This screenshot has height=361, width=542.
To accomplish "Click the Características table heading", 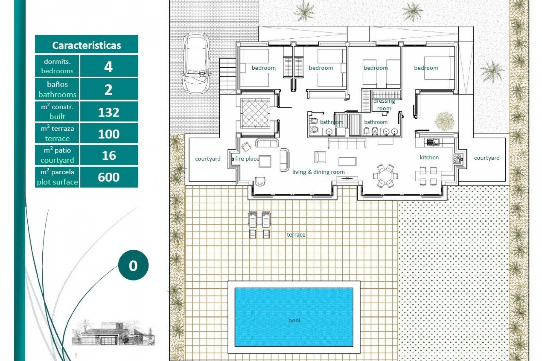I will point(86,45).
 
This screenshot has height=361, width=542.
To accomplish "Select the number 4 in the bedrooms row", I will point(109,67).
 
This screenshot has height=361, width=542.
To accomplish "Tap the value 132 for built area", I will point(109,112).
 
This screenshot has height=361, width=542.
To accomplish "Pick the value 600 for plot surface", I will point(109,177).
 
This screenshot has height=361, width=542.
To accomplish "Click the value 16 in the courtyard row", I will point(109,155).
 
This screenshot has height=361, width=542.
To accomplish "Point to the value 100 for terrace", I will point(109,134).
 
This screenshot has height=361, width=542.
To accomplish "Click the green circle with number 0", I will point(133,265).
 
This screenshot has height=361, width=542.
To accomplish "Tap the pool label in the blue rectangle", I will point(294,320).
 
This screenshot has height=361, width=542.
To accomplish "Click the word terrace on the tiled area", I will point(296,234).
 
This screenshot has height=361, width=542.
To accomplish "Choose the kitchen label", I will point(429,157).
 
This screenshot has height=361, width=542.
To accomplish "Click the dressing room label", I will point(384,105).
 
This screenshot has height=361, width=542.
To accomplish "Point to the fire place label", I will point(247,159).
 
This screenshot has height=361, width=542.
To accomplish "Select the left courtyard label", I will point(208,159).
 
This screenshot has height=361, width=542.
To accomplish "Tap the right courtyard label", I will point(487,158).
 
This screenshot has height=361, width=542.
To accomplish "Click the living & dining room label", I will point(318,172).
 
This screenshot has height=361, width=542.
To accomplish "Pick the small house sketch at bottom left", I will point(113,333).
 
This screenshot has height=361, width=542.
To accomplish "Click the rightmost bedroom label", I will point(426,68).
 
